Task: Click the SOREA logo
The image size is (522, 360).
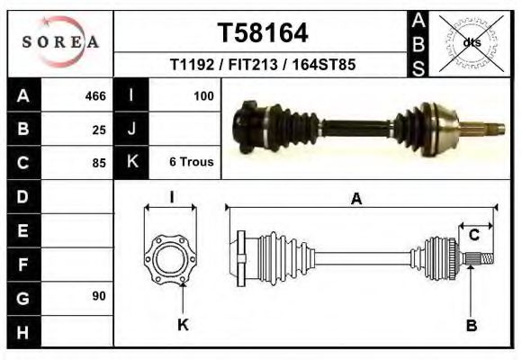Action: click(60, 42)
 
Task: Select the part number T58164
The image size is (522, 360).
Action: click(263, 33)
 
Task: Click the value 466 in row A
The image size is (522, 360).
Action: click(95, 96)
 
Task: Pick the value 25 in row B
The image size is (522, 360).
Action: click(99, 130)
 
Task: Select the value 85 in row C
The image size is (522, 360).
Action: click(99, 163)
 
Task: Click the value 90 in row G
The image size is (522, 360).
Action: click(99, 296)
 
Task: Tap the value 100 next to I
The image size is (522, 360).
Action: click(202, 95)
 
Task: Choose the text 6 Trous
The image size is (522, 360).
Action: click(191, 162)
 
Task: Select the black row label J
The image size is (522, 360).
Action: click(131, 129)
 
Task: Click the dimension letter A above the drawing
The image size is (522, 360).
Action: click(356, 200)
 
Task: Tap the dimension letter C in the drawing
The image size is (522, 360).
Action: click(473, 235)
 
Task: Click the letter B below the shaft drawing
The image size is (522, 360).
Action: click(471, 326)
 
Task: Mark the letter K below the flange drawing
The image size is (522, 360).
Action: click(183, 326)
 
